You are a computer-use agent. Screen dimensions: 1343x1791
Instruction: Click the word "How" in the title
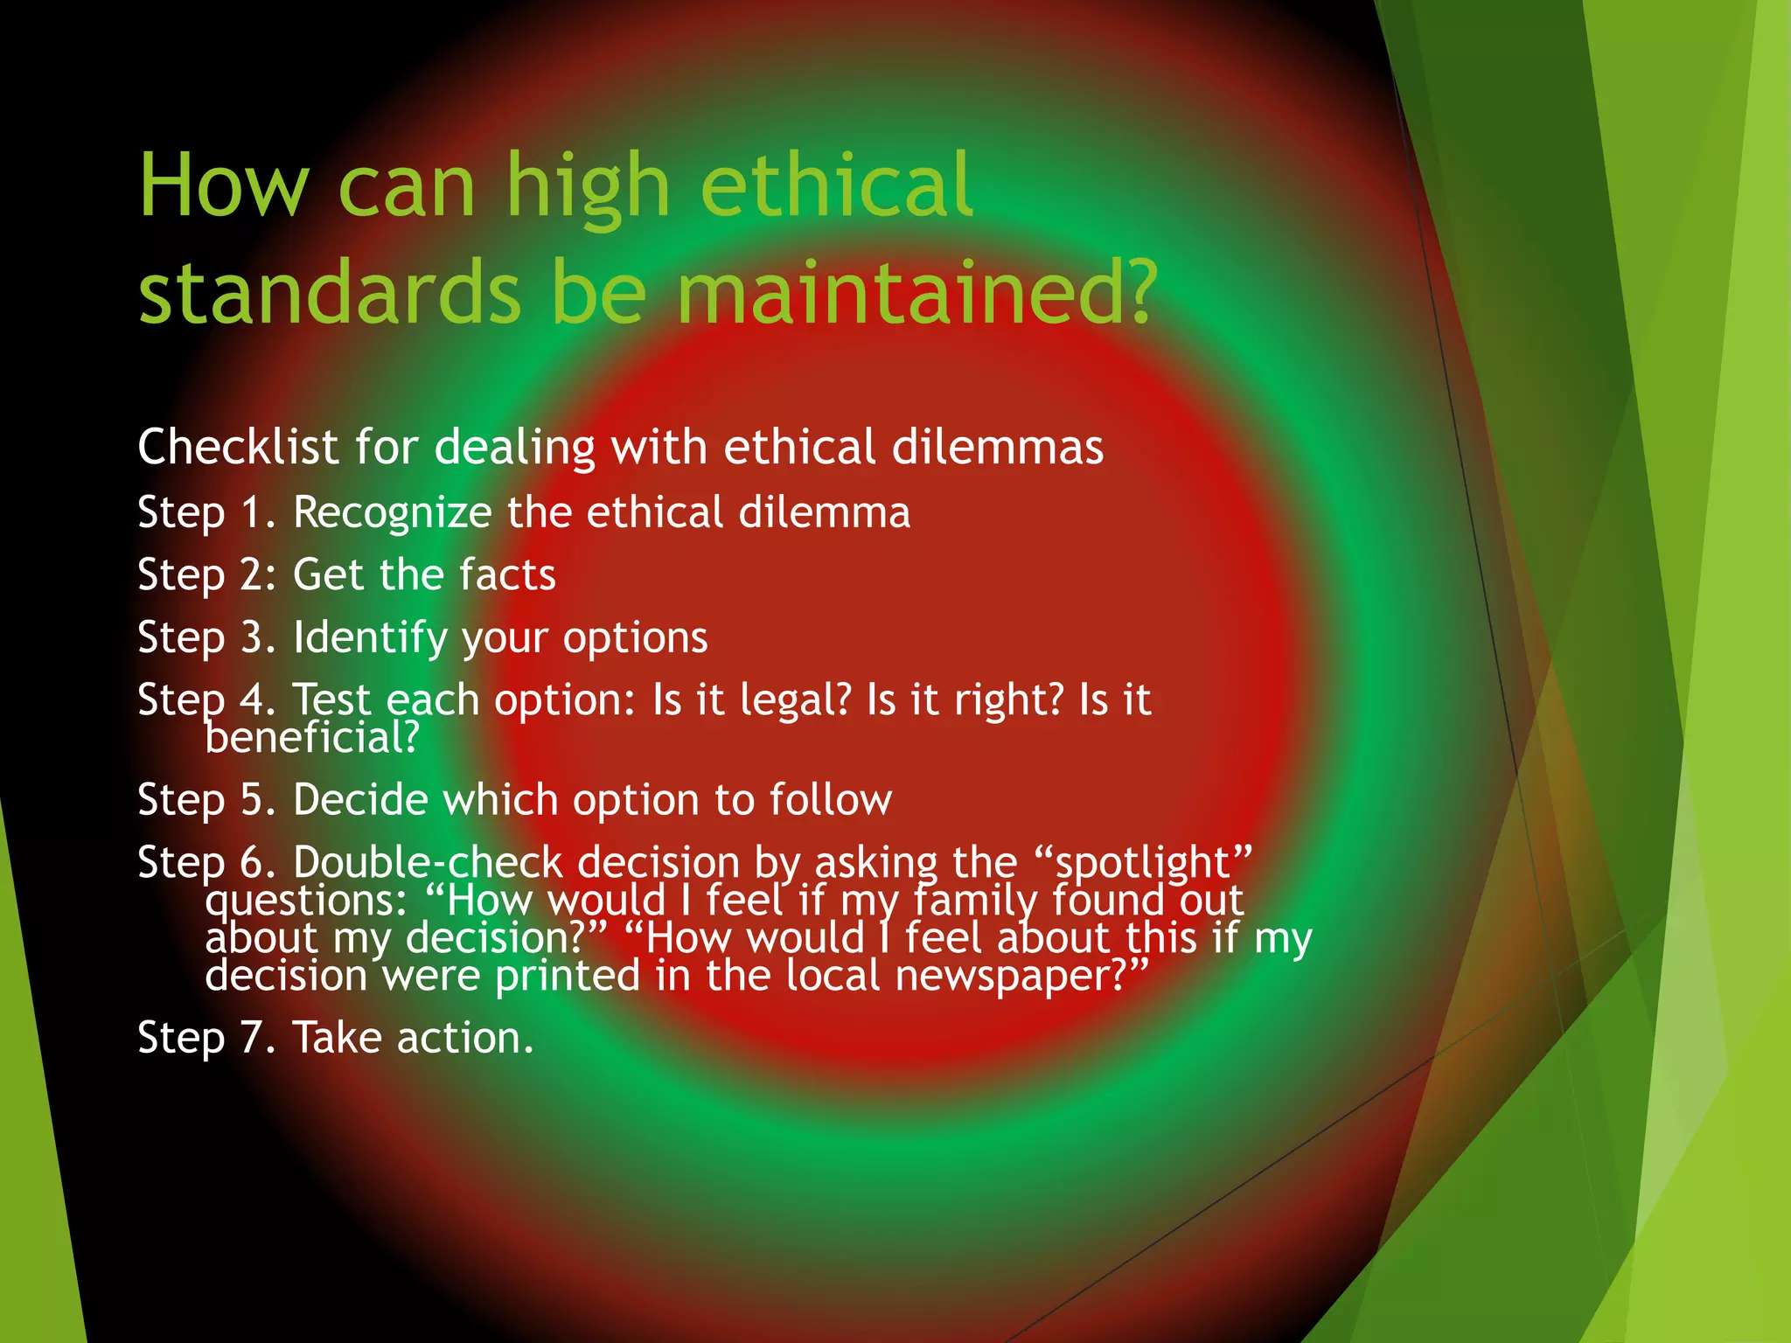pos(224,185)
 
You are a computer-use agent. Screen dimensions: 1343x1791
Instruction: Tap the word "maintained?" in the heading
pos(916,292)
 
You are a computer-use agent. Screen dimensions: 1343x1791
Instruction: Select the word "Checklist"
pos(237,447)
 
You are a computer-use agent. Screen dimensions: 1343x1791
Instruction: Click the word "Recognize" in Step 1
pos(392,513)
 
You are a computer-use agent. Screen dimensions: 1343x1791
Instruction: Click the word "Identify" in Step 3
pos(370,638)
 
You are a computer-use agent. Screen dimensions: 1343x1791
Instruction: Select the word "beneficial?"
pos(312,737)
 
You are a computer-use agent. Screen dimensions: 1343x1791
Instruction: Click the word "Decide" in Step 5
pos(360,800)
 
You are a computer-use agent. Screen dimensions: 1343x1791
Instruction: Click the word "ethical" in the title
pos(836,185)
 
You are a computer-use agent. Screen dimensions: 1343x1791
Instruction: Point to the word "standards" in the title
pos(330,292)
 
